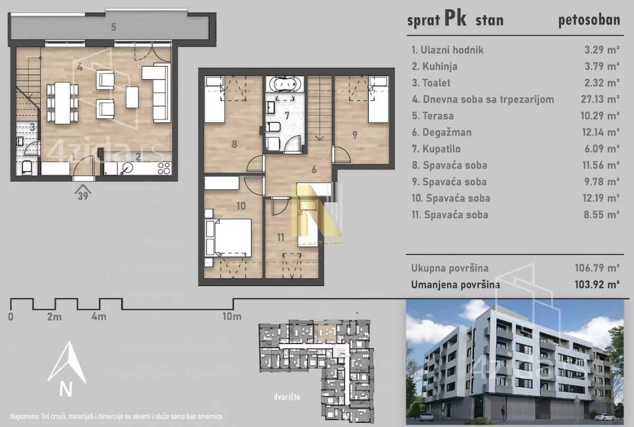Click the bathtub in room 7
(x=285, y=84)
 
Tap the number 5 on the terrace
(x=114, y=27)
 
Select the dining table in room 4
(x=62, y=103)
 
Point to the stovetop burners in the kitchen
(x=164, y=168)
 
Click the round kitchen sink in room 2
(x=128, y=168)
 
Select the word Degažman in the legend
(x=447, y=132)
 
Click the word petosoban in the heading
(x=589, y=20)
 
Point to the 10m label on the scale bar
(x=232, y=316)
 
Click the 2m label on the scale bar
(x=54, y=317)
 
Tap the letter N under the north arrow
(x=66, y=389)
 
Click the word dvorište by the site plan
(x=287, y=397)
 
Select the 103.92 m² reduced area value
(x=597, y=284)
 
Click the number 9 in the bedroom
(x=355, y=135)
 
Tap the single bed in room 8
(x=215, y=99)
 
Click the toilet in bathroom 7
(x=273, y=127)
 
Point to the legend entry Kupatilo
(x=436, y=149)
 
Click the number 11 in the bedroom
(x=281, y=237)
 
